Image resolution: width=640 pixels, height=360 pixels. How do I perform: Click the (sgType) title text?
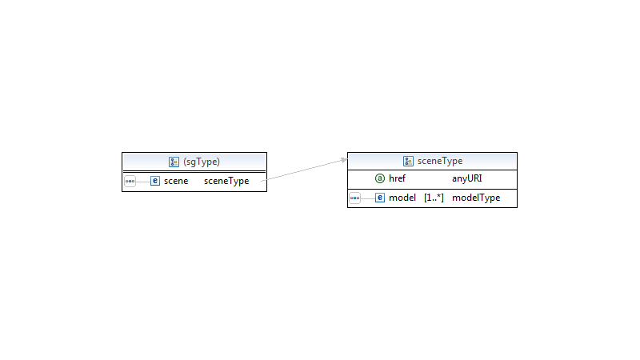tap(202, 162)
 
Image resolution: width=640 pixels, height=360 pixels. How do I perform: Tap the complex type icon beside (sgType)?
tap(174, 162)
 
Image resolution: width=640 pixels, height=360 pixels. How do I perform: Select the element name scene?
tap(176, 181)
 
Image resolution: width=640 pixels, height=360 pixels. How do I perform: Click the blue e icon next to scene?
tap(155, 181)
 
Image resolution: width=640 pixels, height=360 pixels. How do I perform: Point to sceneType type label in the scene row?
tap(226, 181)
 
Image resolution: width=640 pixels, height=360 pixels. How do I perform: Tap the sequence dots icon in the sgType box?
tap(130, 182)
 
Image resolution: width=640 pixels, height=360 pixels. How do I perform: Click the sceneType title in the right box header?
tap(440, 161)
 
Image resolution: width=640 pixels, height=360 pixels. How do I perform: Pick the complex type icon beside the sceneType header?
tap(408, 162)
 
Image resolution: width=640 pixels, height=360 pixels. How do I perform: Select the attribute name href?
tap(397, 178)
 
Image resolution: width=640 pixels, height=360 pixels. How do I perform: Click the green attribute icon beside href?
tap(380, 178)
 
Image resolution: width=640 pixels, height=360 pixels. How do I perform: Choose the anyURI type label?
tap(467, 178)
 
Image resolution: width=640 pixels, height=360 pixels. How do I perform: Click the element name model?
tap(402, 198)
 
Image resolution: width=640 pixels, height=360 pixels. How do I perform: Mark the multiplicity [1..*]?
tap(434, 198)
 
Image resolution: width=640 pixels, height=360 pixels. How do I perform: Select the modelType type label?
tap(476, 198)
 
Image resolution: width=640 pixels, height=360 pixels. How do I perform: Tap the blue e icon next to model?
tap(380, 198)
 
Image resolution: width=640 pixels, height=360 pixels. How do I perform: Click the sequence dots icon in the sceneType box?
tap(355, 198)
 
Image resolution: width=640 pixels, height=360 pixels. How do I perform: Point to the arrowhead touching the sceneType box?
tap(345, 160)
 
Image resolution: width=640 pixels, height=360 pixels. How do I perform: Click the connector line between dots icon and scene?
tap(143, 182)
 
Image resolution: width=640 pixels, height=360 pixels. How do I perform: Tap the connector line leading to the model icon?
tap(368, 198)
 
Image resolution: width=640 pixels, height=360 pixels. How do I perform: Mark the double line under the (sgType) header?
tap(194, 171)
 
